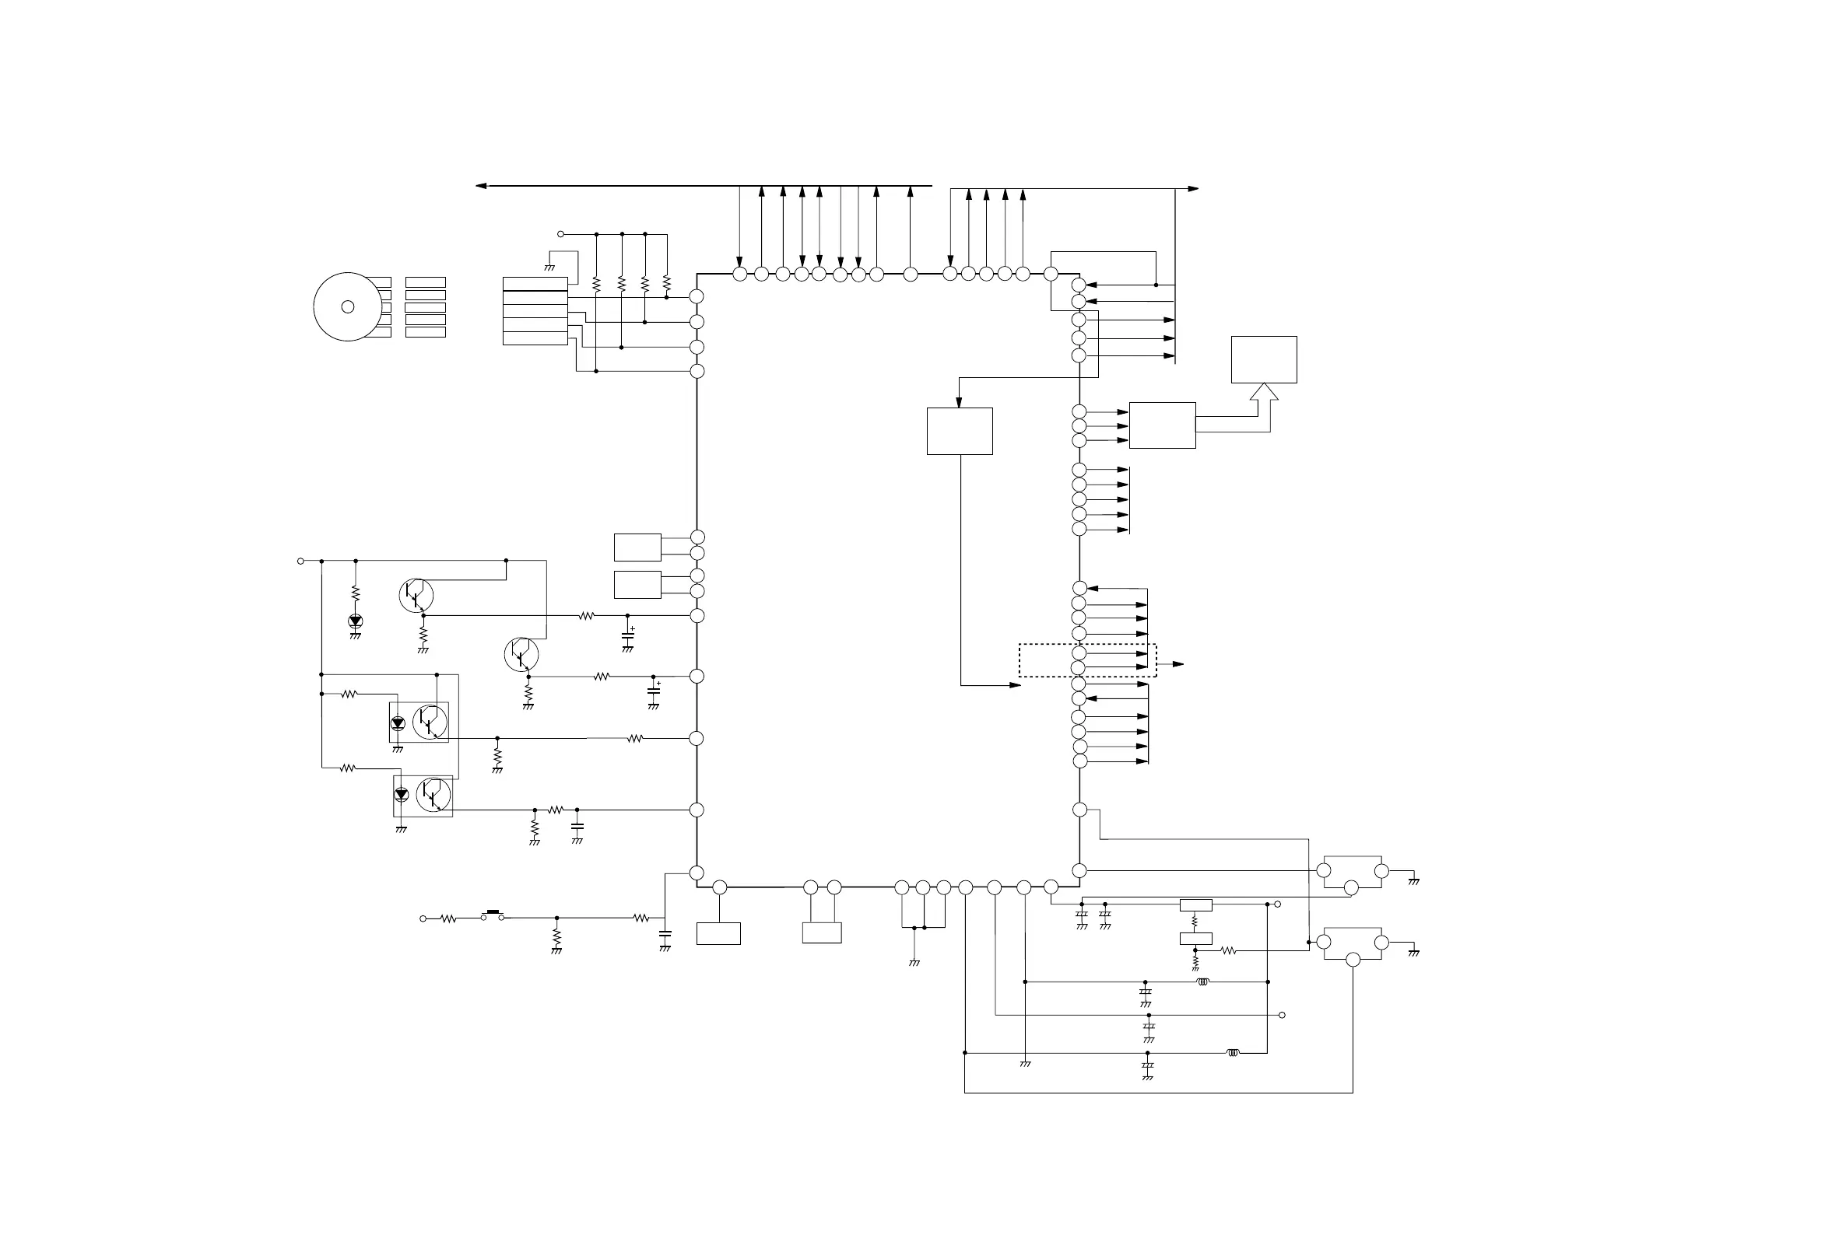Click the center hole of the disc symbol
click(348, 307)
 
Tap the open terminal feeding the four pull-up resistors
click(561, 234)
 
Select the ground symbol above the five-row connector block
click(549, 268)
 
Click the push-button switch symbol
click(494, 914)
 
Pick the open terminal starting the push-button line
click(423, 918)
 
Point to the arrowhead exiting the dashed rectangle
click(1178, 664)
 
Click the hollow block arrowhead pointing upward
click(1264, 390)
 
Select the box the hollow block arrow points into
click(1264, 359)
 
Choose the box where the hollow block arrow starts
click(1162, 425)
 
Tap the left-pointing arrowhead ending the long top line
click(481, 186)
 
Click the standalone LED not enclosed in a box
click(356, 621)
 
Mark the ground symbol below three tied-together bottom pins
click(914, 963)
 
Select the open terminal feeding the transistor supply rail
click(300, 561)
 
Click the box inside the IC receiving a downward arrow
click(959, 431)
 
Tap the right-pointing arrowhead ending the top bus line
click(1193, 189)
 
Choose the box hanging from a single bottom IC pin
click(718, 933)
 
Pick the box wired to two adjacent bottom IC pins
click(822, 932)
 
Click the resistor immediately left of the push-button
click(448, 918)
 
